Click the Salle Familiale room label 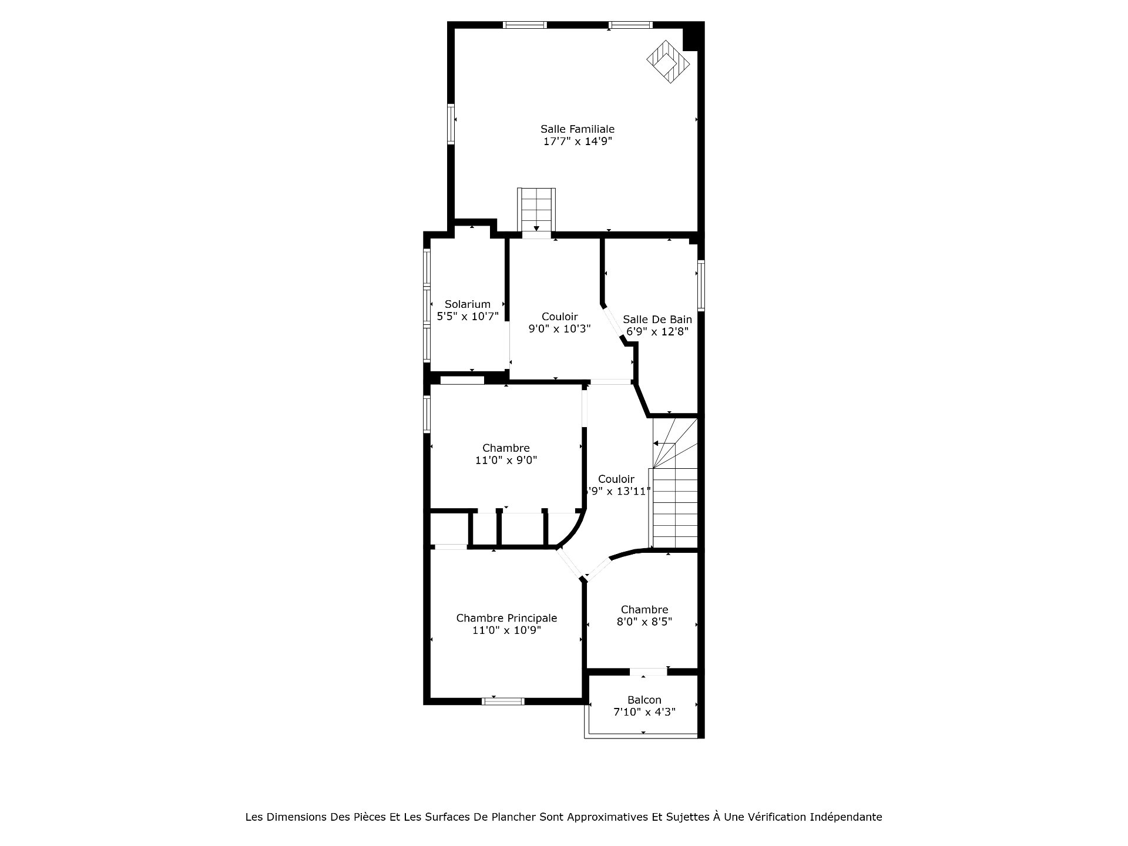point(578,129)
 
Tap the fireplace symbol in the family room point(668,62)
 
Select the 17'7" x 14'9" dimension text point(578,141)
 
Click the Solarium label point(468,304)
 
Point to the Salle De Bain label point(657,319)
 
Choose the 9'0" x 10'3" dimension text point(559,329)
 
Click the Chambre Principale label point(506,618)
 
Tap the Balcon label point(644,700)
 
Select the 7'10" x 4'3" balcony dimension point(644,712)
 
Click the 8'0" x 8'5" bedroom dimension point(644,622)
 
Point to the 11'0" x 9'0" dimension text point(506,461)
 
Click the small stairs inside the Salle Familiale point(536,210)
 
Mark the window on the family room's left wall point(451,124)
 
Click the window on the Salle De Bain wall point(701,285)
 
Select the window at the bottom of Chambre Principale point(503,701)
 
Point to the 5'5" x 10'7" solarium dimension point(468,316)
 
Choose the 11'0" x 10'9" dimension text point(506,630)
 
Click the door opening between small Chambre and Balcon point(649,672)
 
